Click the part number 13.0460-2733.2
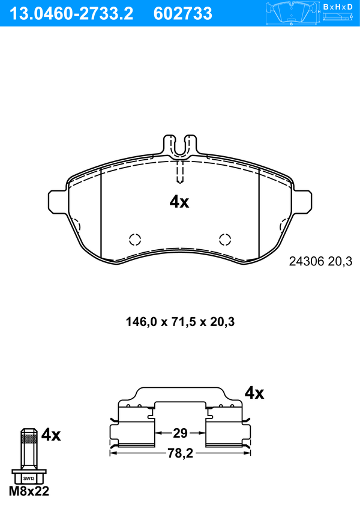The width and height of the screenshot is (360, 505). click(71, 14)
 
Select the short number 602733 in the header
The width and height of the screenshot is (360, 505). click(183, 14)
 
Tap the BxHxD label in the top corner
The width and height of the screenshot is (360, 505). click(338, 7)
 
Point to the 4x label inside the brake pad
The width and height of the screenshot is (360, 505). click(179, 202)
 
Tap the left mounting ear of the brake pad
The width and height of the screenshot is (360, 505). click(58, 201)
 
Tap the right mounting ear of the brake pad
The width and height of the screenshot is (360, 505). click(302, 201)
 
